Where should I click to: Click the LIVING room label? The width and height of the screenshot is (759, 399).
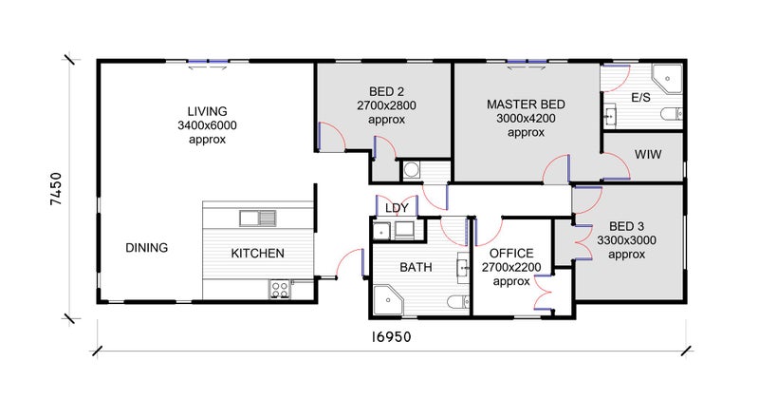207,111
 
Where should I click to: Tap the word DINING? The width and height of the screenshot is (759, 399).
147,248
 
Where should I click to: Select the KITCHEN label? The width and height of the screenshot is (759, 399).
257,253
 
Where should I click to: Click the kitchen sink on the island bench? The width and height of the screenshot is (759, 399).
258,218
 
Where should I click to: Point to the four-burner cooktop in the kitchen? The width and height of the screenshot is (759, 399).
280,290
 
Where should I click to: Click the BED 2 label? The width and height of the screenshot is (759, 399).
386,91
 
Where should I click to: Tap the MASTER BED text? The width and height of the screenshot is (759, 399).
526,104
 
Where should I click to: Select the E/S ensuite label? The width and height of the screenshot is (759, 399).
641,98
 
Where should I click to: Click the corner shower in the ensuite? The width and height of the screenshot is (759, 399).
667,79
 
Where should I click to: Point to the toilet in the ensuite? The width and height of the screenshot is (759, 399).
672,114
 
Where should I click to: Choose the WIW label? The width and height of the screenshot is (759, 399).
648,155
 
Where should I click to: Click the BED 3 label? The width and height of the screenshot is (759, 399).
626,226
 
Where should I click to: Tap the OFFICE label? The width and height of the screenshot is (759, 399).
511,253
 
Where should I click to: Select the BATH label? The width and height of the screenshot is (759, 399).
416,267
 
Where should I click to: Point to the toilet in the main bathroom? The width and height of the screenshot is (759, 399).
458,302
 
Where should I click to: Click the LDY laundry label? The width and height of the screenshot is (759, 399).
397,208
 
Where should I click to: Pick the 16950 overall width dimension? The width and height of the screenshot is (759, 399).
391,337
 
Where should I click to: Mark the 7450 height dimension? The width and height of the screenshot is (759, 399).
57,189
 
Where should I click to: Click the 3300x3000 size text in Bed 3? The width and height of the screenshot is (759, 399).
626,240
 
